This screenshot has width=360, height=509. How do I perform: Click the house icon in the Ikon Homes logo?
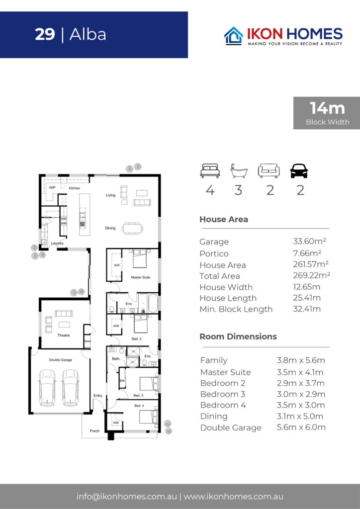click(234, 36)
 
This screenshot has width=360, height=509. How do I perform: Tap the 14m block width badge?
click(327, 113)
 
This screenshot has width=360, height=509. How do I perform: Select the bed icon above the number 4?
click(210, 171)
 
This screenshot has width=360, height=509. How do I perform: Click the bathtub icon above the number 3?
click(239, 171)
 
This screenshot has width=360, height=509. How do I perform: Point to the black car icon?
click(299, 171)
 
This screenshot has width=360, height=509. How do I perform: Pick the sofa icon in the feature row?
click(269, 171)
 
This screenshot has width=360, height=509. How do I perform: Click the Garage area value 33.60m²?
click(309, 241)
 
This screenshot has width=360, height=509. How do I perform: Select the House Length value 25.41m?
click(307, 298)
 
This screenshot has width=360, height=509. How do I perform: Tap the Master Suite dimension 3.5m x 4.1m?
click(300, 372)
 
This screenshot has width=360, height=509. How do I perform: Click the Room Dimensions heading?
click(238, 337)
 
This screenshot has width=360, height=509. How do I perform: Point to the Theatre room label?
click(64, 336)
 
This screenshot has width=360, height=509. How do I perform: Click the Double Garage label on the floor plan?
click(60, 360)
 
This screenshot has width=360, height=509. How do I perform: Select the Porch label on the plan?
click(95, 431)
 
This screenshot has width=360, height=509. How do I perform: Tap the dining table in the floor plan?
click(132, 228)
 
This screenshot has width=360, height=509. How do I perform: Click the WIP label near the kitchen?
click(52, 187)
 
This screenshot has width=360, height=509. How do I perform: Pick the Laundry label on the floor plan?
click(58, 243)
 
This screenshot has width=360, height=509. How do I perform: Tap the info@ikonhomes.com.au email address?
click(127, 497)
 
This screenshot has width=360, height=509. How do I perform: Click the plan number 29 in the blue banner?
click(45, 34)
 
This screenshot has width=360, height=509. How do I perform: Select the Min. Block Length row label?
click(236, 309)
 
